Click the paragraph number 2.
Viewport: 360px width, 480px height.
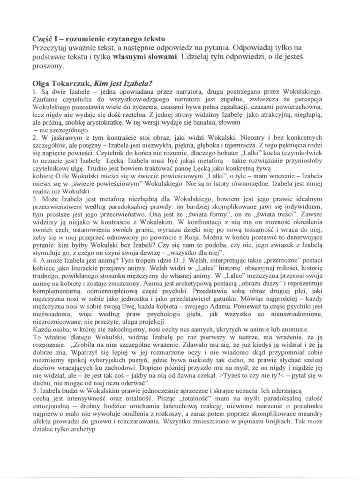34,137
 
